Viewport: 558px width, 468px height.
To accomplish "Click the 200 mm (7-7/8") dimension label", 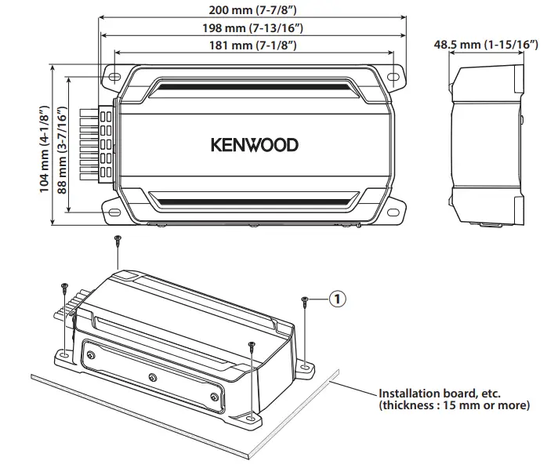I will [x=253, y=11].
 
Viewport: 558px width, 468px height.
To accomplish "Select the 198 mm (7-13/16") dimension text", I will [x=253, y=28].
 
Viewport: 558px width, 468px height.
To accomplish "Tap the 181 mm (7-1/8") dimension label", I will [x=253, y=46].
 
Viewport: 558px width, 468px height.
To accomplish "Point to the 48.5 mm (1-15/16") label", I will [x=486, y=45].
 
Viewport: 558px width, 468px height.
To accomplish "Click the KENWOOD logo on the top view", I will [x=254, y=145].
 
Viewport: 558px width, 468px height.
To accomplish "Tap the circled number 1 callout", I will [x=337, y=299].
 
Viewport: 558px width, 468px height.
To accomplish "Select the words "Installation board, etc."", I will [x=440, y=394].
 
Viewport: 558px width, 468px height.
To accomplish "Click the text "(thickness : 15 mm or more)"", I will [x=454, y=405].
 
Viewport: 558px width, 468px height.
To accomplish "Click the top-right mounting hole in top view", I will [x=393, y=77].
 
